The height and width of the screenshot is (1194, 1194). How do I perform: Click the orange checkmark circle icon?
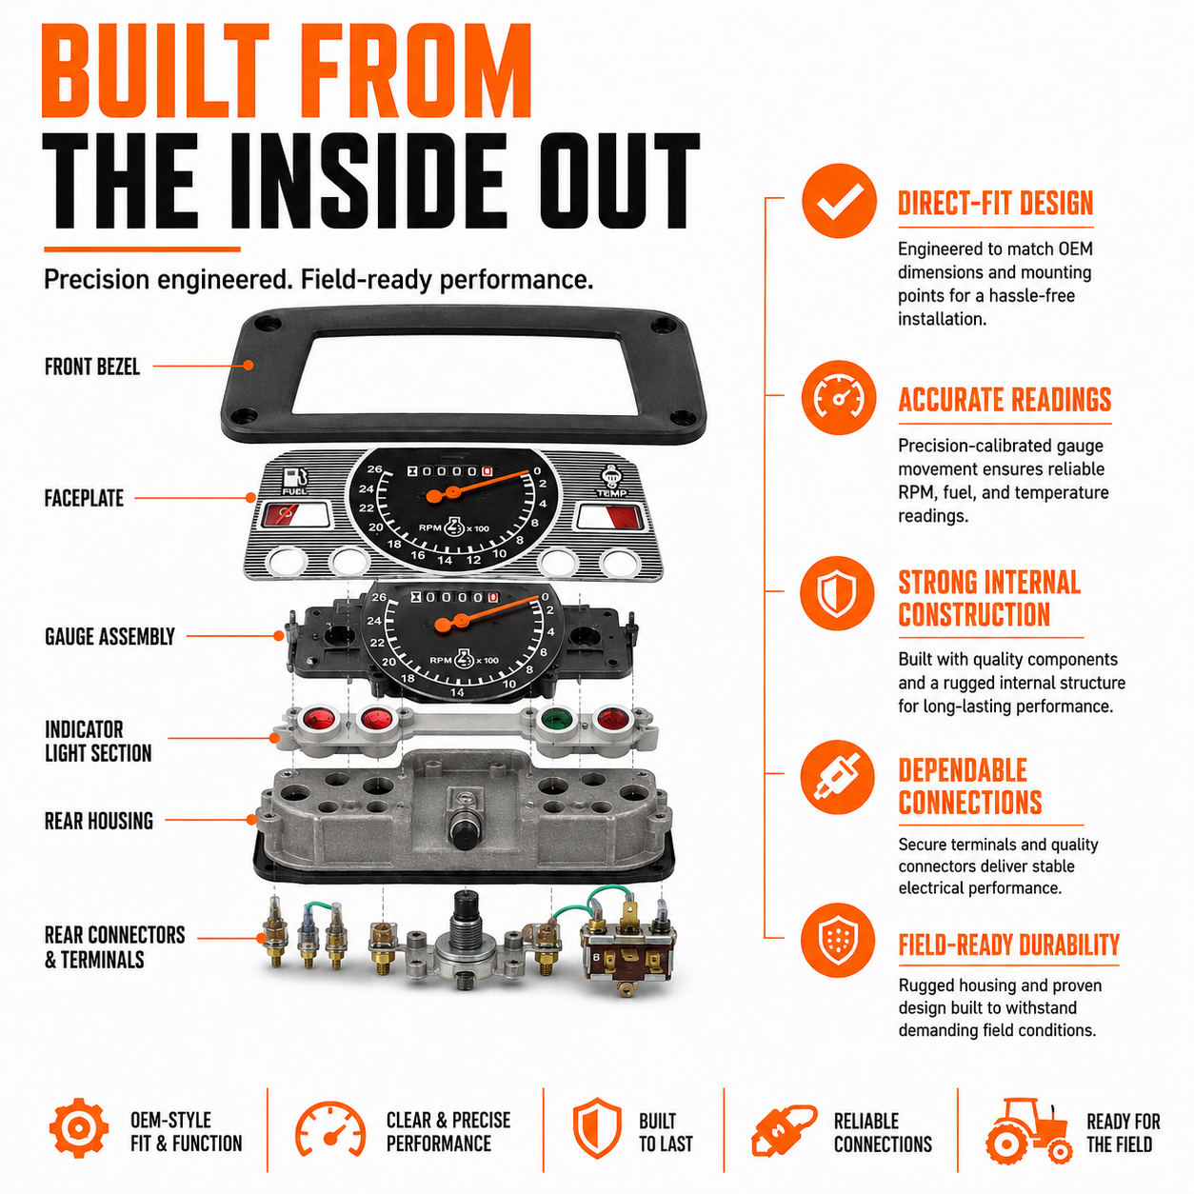[x=838, y=201]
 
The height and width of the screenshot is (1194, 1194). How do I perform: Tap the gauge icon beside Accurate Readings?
[x=838, y=397]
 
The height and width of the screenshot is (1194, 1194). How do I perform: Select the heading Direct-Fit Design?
[x=996, y=203]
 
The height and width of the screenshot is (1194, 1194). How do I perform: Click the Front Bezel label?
[x=92, y=367]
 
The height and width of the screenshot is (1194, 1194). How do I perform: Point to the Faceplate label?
[x=84, y=498]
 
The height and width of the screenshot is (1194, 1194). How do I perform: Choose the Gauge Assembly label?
[x=109, y=636]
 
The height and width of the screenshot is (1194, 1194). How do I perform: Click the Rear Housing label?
[x=98, y=821]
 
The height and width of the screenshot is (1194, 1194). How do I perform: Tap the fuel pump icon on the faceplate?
[x=295, y=480]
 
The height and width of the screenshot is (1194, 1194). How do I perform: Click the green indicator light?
[x=556, y=720]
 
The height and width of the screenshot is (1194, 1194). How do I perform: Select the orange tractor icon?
[x=1028, y=1131]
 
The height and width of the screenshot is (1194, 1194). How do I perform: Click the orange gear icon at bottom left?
[x=79, y=1128]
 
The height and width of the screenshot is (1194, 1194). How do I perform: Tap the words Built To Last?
[x=666, y=1132]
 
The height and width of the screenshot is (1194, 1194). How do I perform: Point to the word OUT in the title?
[x=619, y=180]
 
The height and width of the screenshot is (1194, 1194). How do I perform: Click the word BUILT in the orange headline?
[x=155, y=70]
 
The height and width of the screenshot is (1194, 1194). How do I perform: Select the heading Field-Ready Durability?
[x=1008, y=945]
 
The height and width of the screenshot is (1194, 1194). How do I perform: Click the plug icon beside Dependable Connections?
[x=837, y=777]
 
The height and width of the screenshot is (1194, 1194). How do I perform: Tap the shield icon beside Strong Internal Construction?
[x=837, y=593]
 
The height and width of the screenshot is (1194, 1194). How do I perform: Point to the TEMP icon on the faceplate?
[x=612, y=481]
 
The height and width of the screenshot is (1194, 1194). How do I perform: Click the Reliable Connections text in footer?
[x=883, y=1132]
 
